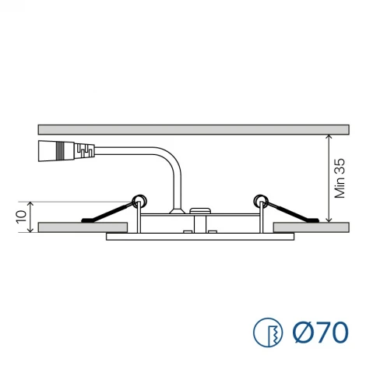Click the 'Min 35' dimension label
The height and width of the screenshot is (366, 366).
point(340,178)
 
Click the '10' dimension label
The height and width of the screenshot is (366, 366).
point(22,216)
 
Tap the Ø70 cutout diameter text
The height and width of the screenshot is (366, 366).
point(320,333)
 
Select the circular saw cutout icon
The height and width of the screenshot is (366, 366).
point(268,333)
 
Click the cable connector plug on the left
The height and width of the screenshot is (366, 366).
point(66,151)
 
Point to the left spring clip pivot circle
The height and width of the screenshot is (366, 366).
point(139,201)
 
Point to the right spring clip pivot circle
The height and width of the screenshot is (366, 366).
point(262,201)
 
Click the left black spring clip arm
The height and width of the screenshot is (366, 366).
point(107,213)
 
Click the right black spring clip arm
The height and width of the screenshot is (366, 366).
point(292,212)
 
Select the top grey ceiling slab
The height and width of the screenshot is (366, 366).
point(194,129)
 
